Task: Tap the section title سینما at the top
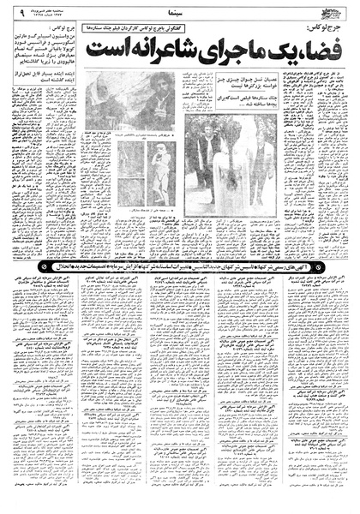pyautogui.click(x=180, y=13)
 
